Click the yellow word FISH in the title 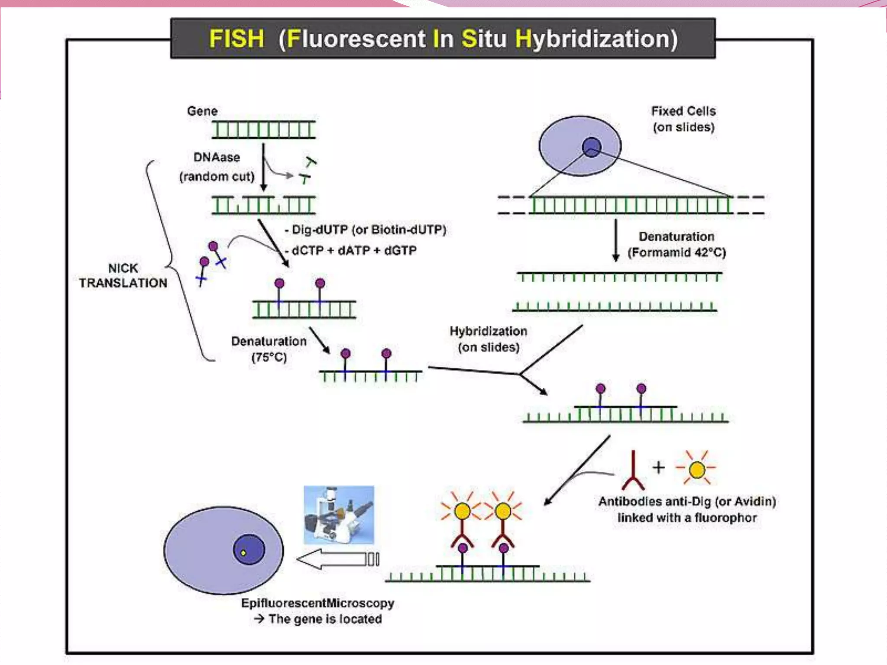tap(236, 39)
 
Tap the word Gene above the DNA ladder tap(202, 111)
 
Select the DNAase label tap(217, 157)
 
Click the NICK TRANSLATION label tap(123, 275)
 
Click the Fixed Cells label tap(683, 111)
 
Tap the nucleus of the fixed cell tap(592, 147)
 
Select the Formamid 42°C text tap(677, 252)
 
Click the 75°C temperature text tap(269, 358)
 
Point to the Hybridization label tap(488, 331)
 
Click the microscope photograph tap(339, 515)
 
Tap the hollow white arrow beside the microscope tap(338, 559)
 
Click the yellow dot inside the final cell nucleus tap(243, 553)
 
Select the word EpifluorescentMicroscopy tap(317, 603)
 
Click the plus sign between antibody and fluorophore tap(659, 467)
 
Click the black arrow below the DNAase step tap(263, 168)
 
